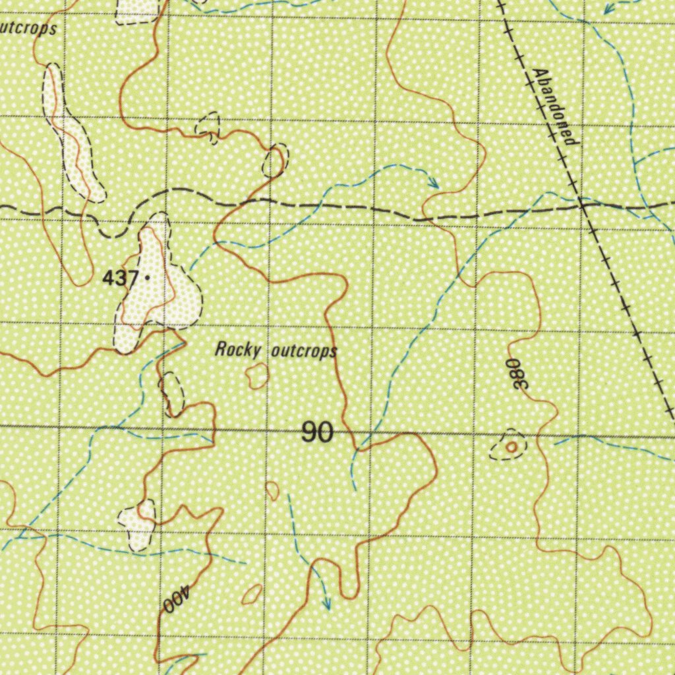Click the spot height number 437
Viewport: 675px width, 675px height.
tap(119, 279)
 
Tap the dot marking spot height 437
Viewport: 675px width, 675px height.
tap(146, 278)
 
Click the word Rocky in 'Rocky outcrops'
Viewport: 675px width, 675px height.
tap(238, 349)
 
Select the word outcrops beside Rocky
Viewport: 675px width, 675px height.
tap(304, 351)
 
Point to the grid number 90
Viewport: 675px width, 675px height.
tap(317, 432)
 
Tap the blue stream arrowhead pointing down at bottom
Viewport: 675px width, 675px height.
tap(326, 602)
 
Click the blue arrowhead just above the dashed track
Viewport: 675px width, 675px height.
tap(434, 183)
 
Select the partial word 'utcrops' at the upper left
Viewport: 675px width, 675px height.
tap(28, 29)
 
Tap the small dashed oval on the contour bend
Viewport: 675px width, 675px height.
tap(274, 160)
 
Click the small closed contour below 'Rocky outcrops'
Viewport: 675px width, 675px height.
tap(257, 376)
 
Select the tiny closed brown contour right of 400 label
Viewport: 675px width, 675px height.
tap(252, 595)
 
